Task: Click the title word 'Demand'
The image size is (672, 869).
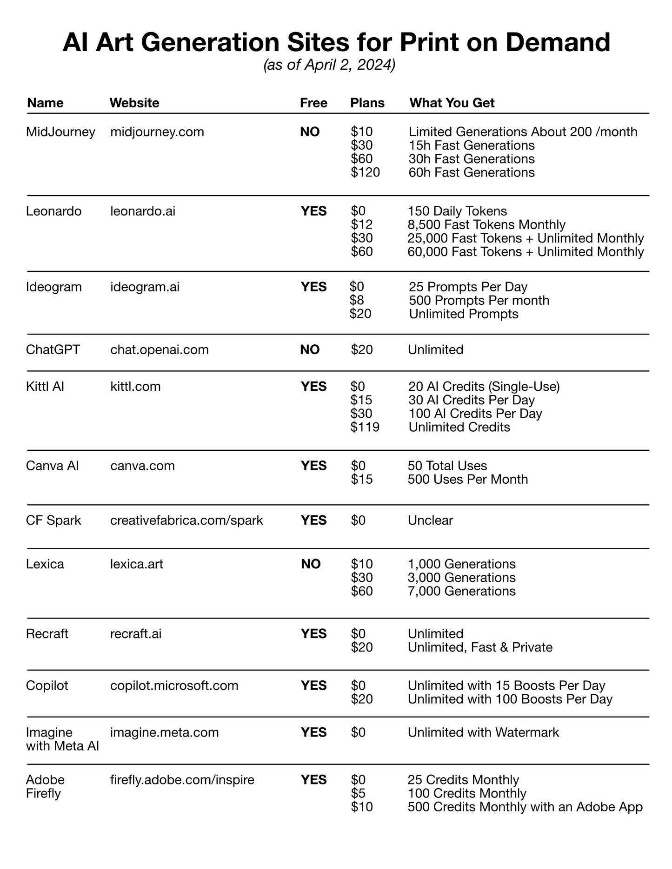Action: (x=558, y=42)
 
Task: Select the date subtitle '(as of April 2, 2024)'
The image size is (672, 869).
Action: (x=329, y=66)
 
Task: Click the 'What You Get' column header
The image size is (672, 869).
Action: (x=452, y=103)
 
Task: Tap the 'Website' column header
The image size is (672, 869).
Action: (x=134, y=103)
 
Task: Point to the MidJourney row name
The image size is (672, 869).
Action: (x=60, y=132)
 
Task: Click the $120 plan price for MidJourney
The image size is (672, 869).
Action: (x=365, y=172)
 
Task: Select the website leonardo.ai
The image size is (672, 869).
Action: (x=143, y=211)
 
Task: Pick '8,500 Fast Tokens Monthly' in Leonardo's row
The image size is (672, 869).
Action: (x=486, y=225)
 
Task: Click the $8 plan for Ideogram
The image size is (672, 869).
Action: (x=357, y=301)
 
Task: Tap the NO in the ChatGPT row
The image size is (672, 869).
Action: (x=310, y=349)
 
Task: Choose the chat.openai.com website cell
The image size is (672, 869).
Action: (x=159, y=349)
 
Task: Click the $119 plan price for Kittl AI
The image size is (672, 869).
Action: (x=365, y=427)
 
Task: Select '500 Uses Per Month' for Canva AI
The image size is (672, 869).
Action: (x=468, y=479)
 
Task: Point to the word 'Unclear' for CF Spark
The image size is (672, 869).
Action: (x=430, y=520)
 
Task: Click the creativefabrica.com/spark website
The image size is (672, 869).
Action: (x=186, y=520)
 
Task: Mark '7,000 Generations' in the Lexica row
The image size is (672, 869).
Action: (x=461, y=591)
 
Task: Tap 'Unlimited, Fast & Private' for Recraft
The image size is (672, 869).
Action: (x=480, y=647)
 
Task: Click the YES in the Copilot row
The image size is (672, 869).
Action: (x=314, y=685)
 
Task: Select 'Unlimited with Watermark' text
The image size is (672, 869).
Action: (x=483, y=732)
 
